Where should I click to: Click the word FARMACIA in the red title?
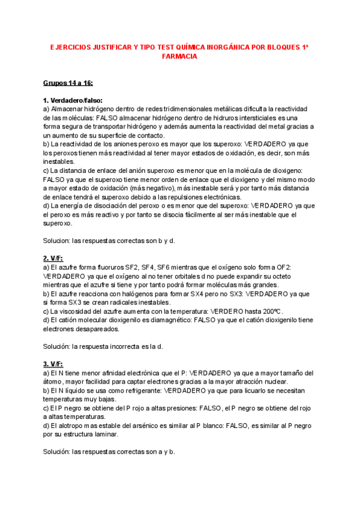[179, 56]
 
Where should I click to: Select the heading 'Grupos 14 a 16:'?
[68, 83]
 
